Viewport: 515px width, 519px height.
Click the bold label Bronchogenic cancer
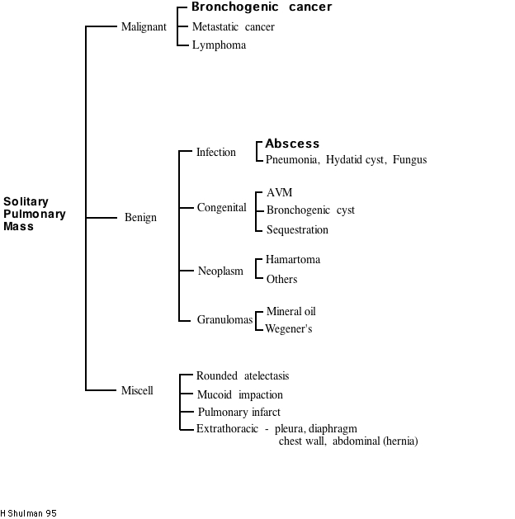pyautogui.click(x=262, y=7)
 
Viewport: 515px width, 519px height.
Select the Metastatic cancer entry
pyautogui.click(x=233, y=27)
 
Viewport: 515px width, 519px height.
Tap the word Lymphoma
pyautogui.click(x=219, y=45)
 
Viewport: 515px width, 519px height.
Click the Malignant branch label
pyautogui.click(x=144, y=26)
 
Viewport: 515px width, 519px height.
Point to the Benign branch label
pyautogui.click(x=140, y=218)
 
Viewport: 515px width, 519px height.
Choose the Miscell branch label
pyautogui.click(x=137, y=390)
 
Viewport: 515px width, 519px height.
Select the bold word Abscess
pyautogui.click(x=292, y=144)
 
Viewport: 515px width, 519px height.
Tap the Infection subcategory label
pyautogui.click(x=215, y=152)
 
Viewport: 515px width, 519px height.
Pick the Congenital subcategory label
pyautogui.click(x=221, y=208)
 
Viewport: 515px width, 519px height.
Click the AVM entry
pyautogui.click(x=279, y=193)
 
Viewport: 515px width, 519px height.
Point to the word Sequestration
pyautogui.click(x=297, y=229)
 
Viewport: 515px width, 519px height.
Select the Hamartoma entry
pyautogui.click(x=293, y=260)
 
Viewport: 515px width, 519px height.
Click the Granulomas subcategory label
pyautogui.click(x=224, y=319)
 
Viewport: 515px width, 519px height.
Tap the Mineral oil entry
pyautogui.click(x=291, y=312)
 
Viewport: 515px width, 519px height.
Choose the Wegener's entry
pyautogui.click(x=288, y=329)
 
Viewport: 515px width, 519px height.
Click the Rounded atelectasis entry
pyautogui.click(x=242, y=376)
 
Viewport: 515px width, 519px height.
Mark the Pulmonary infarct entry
pyautogui.click(x=239, y=412)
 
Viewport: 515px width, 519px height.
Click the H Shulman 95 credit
pyautogui.click(x=28, y=513)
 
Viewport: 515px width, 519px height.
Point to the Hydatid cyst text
pyautogui.click(x=355, y=159)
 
